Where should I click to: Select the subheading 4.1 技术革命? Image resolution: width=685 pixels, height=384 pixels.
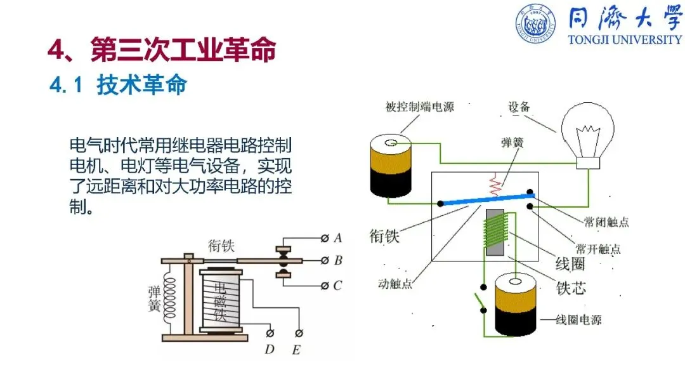(x=118, y=85)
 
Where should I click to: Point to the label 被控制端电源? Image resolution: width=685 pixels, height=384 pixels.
(x=419, y=107)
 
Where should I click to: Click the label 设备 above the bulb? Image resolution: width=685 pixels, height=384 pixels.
(x=519, y=107)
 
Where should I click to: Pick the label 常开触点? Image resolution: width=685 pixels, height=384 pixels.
(x=598, y=248)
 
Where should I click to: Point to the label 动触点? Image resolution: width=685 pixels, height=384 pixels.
(x=396, y=284)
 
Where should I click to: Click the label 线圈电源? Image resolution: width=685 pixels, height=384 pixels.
(x=577, y=320)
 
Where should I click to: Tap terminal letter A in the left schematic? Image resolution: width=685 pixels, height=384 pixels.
(x=338, y=238)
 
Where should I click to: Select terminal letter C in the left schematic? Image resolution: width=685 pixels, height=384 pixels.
(x=338, y=286)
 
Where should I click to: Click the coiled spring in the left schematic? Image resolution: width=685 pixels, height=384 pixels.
(x=170, y=298)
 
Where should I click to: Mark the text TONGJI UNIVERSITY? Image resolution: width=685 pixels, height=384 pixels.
(x=625, y=39)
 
